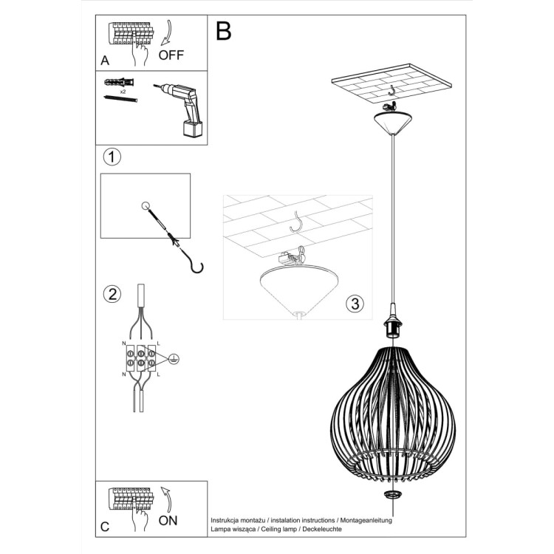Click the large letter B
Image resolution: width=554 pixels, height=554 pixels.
tap(223, 31)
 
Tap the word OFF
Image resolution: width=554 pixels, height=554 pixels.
tap(171, 55)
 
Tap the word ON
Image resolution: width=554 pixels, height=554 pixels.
tap(168, 520)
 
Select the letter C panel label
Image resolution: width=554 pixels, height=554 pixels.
tap(105, 526)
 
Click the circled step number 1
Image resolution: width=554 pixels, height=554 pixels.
tap(111, 157)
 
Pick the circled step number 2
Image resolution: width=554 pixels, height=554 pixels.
tap(111, 294)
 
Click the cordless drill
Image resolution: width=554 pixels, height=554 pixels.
tap(185, 111)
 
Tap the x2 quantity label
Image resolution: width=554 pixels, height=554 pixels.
tap(123, 91)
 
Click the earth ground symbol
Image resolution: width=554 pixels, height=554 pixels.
tap(173, 359)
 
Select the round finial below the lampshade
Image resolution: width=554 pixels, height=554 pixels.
tap(392, 494)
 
